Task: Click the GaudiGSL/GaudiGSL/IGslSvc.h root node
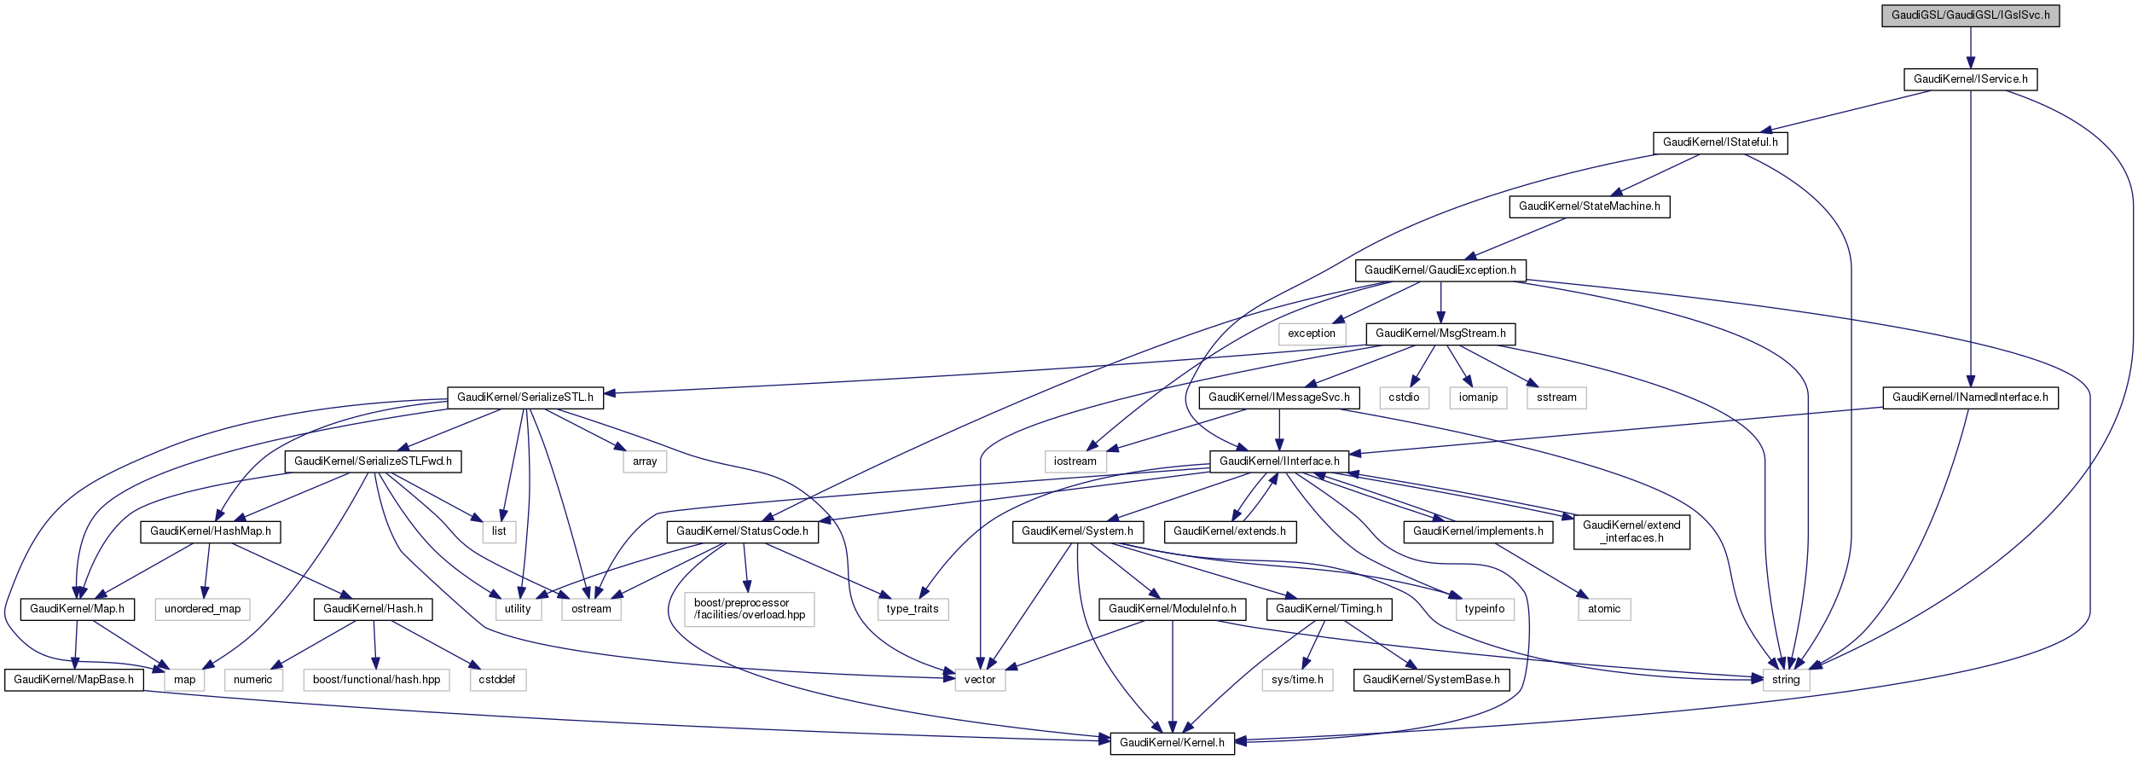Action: click(1970, 15)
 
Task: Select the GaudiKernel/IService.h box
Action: click(1970, 79)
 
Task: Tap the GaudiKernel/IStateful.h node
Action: click(1720, 142)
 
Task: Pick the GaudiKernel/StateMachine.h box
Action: click(1590, 206)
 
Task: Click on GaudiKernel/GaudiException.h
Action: click(1440, 270)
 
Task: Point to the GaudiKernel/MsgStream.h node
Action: click(1440, 334)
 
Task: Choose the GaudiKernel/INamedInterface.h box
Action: click(1970, 397)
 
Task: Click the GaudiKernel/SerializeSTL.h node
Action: click(525, 397)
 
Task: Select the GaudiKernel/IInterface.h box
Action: click(1279, 461)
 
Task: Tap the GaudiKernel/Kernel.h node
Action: click(1172, 743)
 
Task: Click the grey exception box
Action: click(1312, 334)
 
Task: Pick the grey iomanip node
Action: click(1478, 397)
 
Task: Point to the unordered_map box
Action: click(203, 609)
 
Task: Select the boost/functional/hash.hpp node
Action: click(376, 680)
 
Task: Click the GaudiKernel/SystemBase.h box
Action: click(1431, 680)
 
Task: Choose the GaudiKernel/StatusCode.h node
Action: click(742, 531)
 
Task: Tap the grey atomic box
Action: click(1604, 609)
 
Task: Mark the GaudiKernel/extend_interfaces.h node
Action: click(1631, 531)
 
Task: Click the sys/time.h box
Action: click(1297, 680)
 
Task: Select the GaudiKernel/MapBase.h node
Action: click(74, 680)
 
